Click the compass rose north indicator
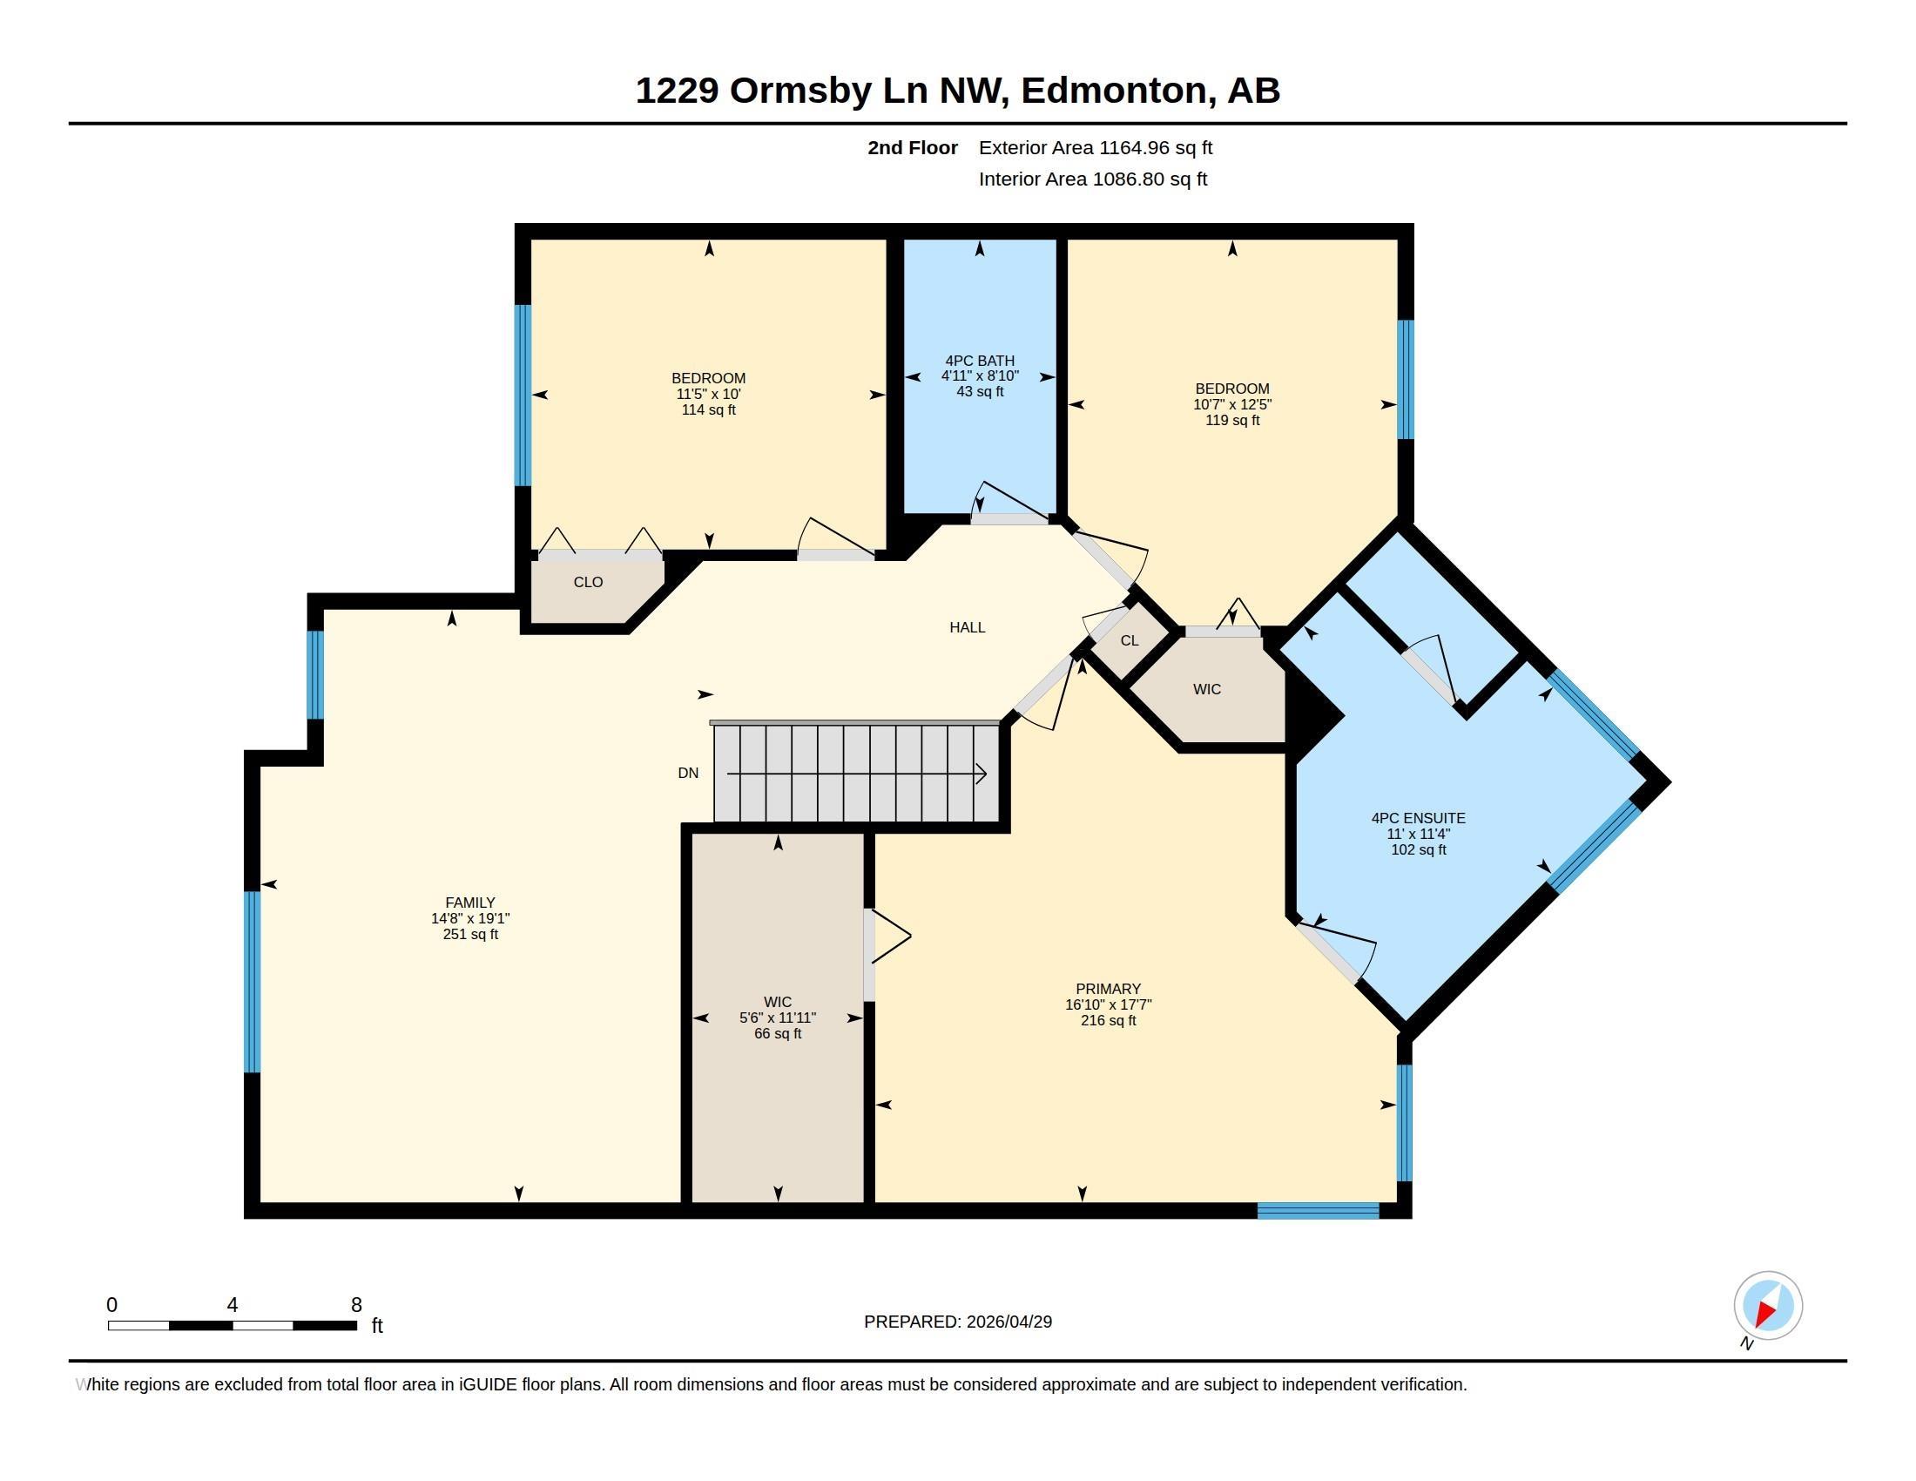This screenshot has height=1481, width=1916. coord(1768,1306)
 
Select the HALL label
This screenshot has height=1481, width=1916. coord(967,627)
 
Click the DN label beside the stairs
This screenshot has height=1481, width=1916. coord(688,773)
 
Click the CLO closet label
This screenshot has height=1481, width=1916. coord(588,582)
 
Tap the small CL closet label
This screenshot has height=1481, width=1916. coord(1129,640)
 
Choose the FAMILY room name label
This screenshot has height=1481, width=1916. coord(470,902)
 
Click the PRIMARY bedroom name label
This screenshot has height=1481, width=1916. coord(1108,989)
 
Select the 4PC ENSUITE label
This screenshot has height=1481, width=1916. coord(1419,818)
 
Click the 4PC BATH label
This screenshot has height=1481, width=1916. coord(980,361)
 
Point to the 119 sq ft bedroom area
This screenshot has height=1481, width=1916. coord(1231,420)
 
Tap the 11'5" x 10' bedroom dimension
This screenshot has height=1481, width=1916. coord(708,394)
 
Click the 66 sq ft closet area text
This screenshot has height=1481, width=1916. coord(777,1033)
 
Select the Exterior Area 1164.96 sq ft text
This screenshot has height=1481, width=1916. coord(1096,147)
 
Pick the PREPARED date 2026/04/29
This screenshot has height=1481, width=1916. coord(1009,1322)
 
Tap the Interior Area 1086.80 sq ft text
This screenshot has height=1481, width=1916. coord(1093,179)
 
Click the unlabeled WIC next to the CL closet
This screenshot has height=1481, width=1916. coord(1206,690)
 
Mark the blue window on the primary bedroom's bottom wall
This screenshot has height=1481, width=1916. coord(1318,1211)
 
